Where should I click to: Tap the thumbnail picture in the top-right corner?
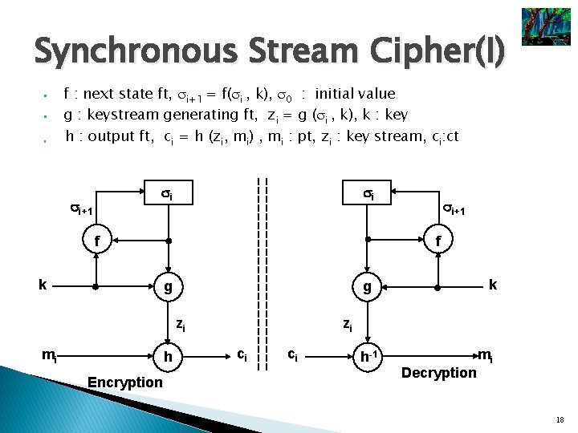tap(545, 26)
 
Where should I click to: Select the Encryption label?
tap(124, 382)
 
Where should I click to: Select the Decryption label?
tap(438, 372)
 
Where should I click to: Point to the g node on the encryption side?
tap(168, 285)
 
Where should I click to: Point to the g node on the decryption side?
tap(367, 285)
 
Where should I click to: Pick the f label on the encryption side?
tap(97, 240)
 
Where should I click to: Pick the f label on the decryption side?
tap(438, 240)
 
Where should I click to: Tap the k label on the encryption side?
tap(43, 284)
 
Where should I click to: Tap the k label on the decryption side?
tap(492, 284)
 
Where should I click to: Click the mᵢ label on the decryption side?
tap(486, 355)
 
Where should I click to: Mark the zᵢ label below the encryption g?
tap(181, 325)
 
